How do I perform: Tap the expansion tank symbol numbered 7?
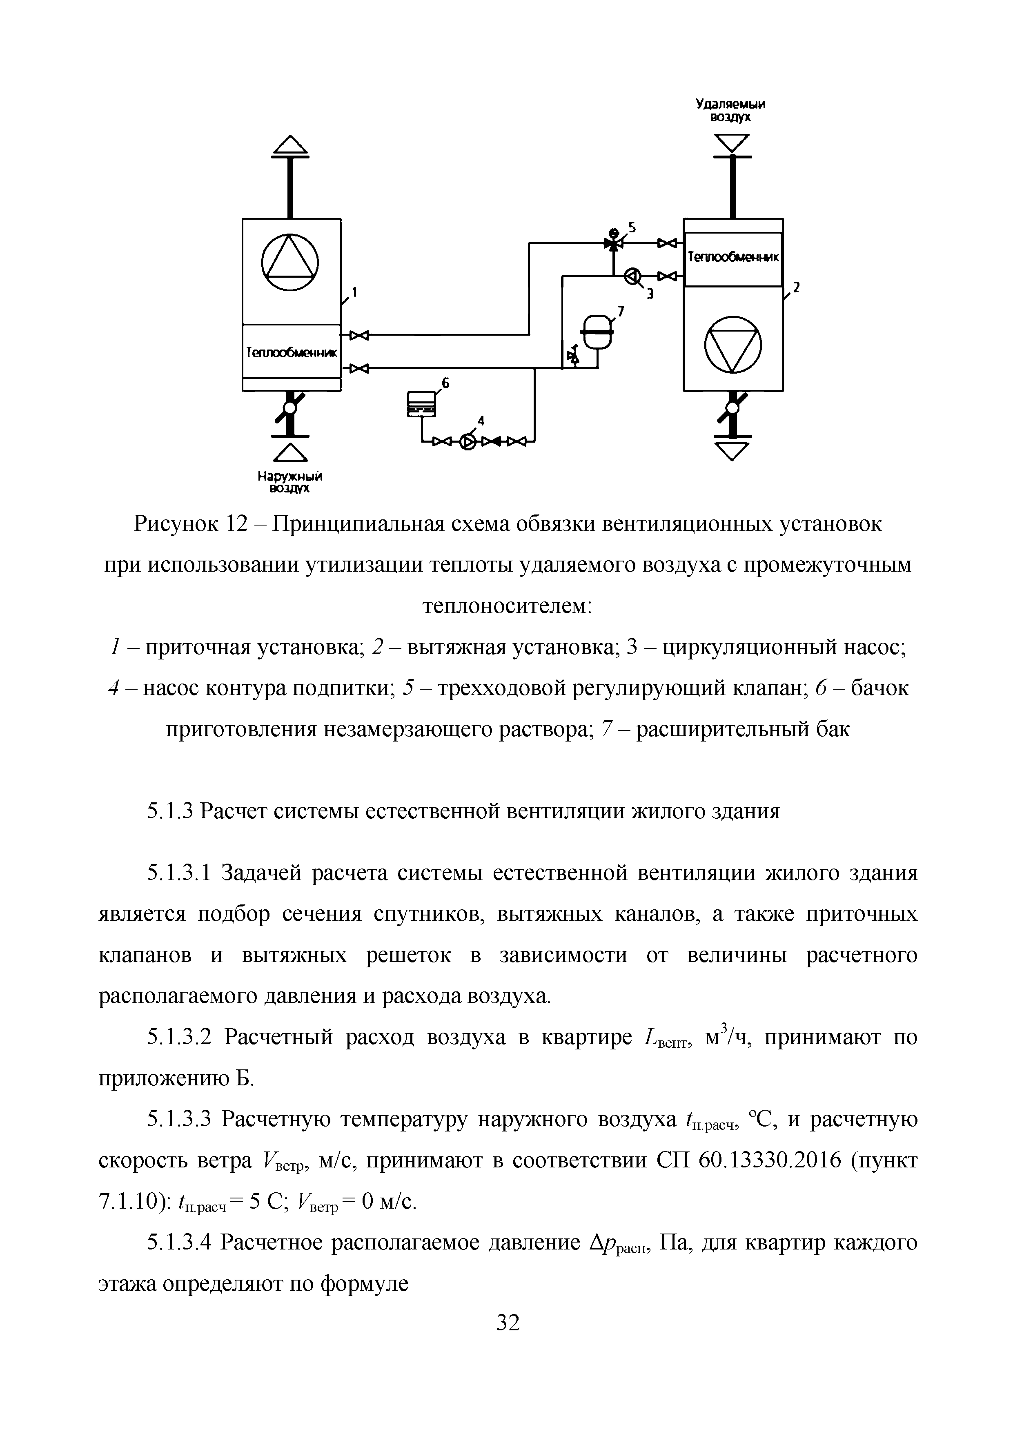[x=598, y=328]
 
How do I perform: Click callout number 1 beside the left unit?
[x=354, y=291]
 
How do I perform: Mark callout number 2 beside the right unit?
[x=795, y=287]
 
